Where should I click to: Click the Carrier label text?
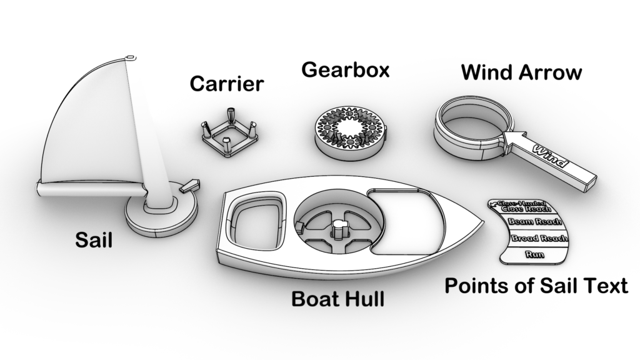227,83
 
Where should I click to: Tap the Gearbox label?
345,69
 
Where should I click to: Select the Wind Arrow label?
521,72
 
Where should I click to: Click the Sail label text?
94,239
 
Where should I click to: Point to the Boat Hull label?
337,299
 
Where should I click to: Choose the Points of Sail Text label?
536,286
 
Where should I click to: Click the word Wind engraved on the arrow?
550,156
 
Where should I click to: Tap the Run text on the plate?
534,254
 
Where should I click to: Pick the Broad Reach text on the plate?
539,238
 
